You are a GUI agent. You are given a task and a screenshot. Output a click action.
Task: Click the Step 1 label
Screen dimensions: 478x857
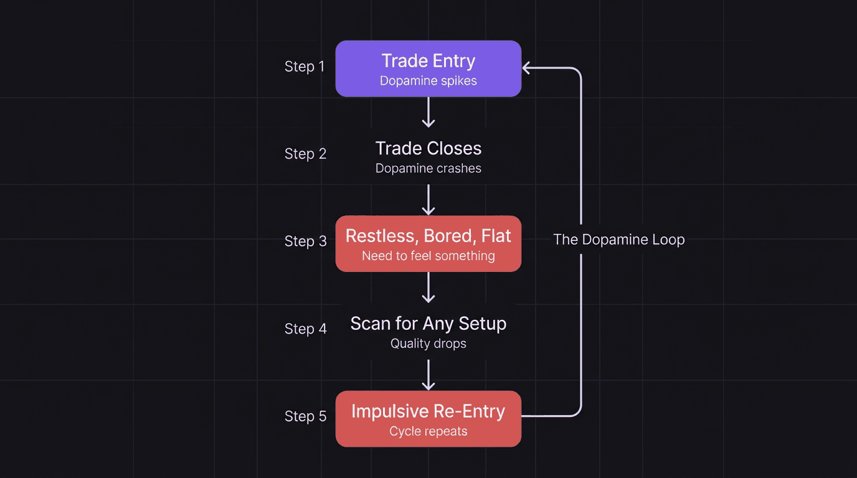point(305,67)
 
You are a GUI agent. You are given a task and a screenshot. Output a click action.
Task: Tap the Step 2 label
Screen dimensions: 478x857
point(305,154)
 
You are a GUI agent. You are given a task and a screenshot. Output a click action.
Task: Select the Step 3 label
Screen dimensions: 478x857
point(305,241)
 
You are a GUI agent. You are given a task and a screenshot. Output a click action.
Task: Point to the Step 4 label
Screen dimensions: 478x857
point(305,329)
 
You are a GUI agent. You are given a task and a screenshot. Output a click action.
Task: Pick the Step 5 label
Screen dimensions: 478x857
point(305,416)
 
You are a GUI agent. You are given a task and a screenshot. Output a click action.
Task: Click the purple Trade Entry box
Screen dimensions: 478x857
point(429,68)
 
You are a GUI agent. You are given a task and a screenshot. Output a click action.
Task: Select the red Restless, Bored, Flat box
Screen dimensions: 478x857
point(429,243)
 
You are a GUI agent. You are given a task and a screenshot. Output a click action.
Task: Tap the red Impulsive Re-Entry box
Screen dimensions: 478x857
point(429,418)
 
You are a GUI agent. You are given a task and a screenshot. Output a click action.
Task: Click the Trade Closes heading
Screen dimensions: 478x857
point(429,148)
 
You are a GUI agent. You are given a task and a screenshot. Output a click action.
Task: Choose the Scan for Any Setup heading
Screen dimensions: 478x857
point(429,324)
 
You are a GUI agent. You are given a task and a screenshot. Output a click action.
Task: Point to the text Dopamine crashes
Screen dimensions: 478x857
point(429,169)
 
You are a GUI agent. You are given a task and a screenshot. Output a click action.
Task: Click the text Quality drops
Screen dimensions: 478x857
point(429,344)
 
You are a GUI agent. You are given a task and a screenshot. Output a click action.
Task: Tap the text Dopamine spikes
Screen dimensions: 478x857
point(429,81)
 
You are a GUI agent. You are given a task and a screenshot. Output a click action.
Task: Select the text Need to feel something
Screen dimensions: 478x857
point(429,256)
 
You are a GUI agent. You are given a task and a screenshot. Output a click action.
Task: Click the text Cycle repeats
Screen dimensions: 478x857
point(429,431)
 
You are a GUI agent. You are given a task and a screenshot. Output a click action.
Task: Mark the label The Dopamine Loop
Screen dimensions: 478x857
point(619,240)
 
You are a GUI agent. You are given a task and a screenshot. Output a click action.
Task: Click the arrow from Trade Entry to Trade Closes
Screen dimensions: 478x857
point(429,112)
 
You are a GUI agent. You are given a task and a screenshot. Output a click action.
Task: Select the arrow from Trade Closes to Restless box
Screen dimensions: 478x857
point(429,200)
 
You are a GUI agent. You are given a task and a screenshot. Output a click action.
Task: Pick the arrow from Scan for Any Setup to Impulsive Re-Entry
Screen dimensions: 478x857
point(429,375)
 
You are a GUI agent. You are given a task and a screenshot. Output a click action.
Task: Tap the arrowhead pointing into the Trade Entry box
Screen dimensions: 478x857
point(527,67)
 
